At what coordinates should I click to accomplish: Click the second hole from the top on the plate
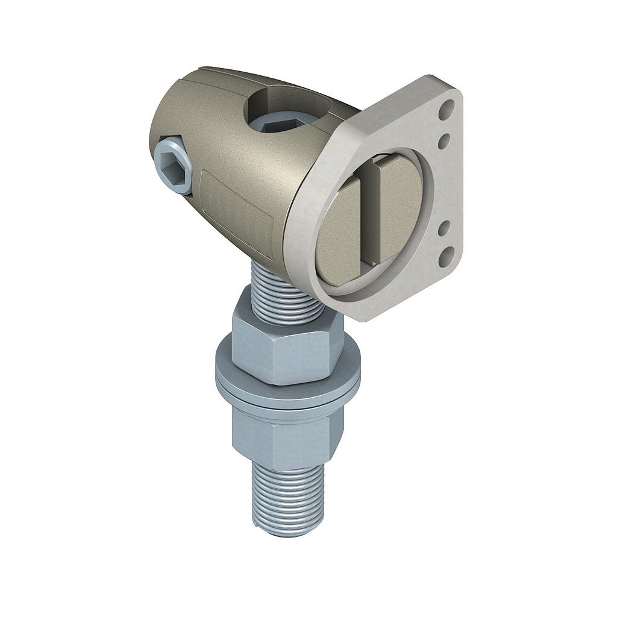443,142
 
